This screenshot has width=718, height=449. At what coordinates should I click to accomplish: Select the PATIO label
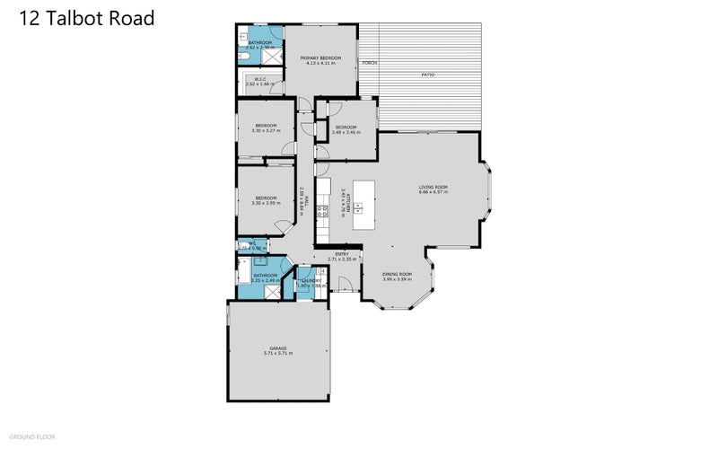(428, 75)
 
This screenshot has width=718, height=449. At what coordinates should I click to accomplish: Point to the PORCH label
(369, 64)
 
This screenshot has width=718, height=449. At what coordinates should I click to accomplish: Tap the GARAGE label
(277, 348)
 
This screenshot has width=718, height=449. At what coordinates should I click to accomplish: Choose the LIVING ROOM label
(433, 187)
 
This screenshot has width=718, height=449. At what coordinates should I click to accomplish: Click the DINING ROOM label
(397, 273)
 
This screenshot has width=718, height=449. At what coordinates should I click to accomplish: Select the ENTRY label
(342, 254)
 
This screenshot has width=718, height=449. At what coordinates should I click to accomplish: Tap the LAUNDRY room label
(311, 281)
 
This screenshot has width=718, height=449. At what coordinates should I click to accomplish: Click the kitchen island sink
(358, 209)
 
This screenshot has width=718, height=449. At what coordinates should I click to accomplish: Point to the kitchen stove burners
(325, 213)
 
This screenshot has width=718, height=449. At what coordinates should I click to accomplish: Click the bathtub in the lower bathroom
(244, 270)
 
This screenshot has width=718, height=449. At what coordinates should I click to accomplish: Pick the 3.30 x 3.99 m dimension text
(267, 203)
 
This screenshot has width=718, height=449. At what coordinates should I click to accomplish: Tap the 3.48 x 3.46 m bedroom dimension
(346, 132)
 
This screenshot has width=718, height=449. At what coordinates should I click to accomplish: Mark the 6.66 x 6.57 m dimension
(433, 192)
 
